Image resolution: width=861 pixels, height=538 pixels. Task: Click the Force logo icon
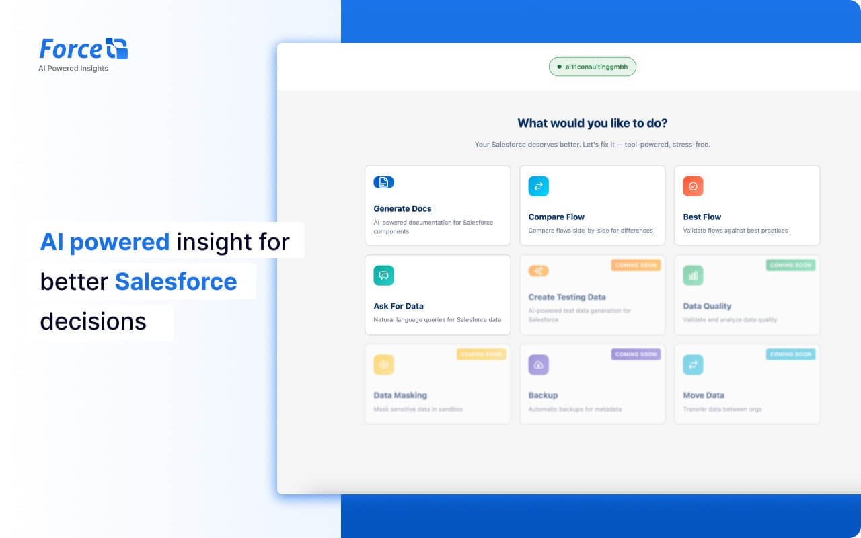[117, 49]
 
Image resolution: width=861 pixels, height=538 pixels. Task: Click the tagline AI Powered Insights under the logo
[73, 69]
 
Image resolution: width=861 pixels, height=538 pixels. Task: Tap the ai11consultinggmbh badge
[592, 67]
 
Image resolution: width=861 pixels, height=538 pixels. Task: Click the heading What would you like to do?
[592, 123]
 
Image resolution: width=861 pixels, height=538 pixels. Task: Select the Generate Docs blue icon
[383, 182]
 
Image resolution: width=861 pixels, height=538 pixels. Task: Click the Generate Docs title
[402, 208]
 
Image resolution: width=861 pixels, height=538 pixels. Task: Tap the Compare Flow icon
[538, 186]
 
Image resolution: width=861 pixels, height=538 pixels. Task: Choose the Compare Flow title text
[556, 217]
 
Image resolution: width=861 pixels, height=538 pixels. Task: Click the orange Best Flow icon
[693, 186]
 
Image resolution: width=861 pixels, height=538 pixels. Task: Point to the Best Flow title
[702, 217]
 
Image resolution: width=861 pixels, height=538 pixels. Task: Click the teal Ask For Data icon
[383, 275]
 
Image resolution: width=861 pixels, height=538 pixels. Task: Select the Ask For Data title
[398, 306]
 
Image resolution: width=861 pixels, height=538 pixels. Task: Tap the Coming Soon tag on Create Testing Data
[636, 265]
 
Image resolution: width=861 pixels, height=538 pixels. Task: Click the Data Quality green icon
[693, 275]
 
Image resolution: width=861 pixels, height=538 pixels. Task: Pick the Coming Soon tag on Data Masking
[481, 354]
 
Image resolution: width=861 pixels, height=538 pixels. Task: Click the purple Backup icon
[538, 364]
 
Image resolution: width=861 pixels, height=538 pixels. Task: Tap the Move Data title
[703, 395]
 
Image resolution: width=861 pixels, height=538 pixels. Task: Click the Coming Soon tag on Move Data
[790, 354]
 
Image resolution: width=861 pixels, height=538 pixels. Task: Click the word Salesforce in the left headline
[176, 281]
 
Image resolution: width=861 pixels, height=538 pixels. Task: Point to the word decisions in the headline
[93, 321]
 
